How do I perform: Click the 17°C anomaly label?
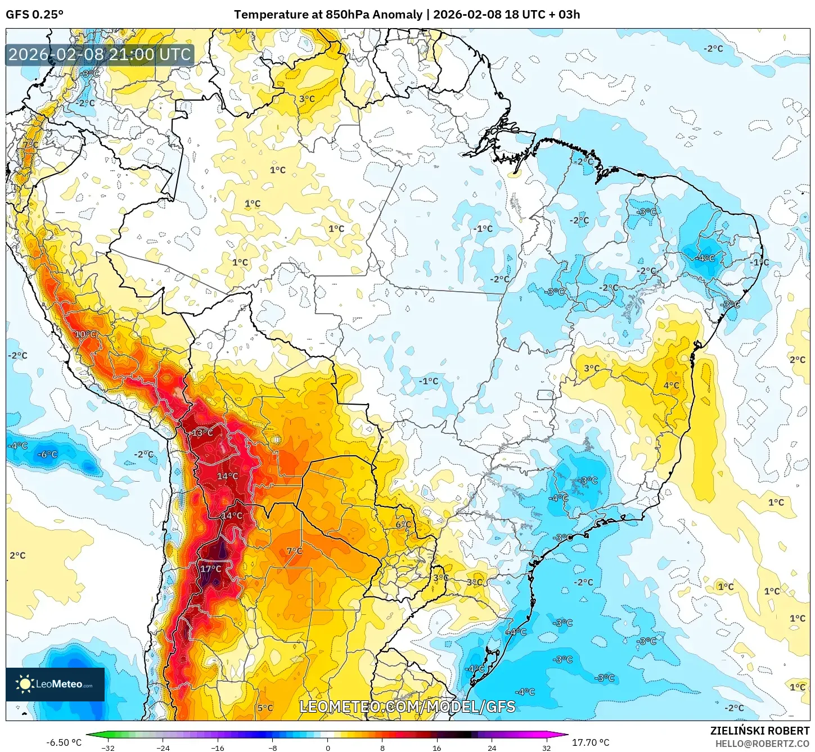pyautogui.click(x=211, y=569)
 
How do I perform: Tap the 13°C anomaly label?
pyautogui.click(x=202, y=433)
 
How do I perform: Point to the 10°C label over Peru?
pyautogui.click(x=86, y=334)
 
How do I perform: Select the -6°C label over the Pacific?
pyautogui.click(x=47, y=455)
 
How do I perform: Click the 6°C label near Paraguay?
pyautogui.click(x=403, y=524)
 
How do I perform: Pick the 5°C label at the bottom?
pyautogui.click(x=265, y=708)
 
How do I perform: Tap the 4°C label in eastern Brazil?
pyautogui.click(x=671, y=386)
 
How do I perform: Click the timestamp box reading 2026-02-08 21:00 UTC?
pyautogui.click(x=100, y=55)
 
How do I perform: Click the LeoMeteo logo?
pyautogui.click(x=55, y=684)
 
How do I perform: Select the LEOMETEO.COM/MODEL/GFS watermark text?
pyautogui.click(x=407, y=706)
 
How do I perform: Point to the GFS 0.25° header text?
pyautogui.click(x=35, y=15)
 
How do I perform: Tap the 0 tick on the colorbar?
pyautogui.click(x=328, y=748)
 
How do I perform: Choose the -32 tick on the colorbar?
pyautogui.click(x=108, y=748)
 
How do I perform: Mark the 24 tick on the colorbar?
pyautogui.click(x=492, y=748)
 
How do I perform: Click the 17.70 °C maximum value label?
pyautogui.click(x=591, y=742)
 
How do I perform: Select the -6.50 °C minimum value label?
pyautogui.click(x=64, y=742)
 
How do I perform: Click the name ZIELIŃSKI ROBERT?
pyautogui.click(x=759, y=731)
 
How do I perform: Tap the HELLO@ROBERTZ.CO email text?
pyautogui.click(x=762, y=744)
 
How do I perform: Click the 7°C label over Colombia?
pyautogui.click(x=30, y=145)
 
